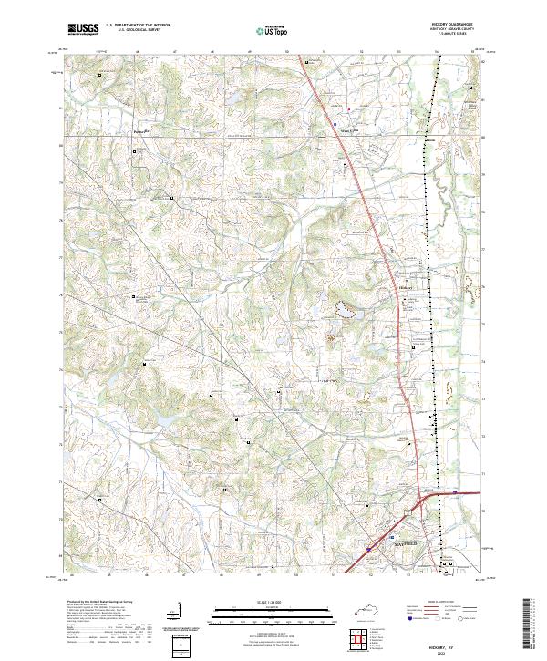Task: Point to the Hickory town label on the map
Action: tap(407, 284)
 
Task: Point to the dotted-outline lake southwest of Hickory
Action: tap(346, 310)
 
